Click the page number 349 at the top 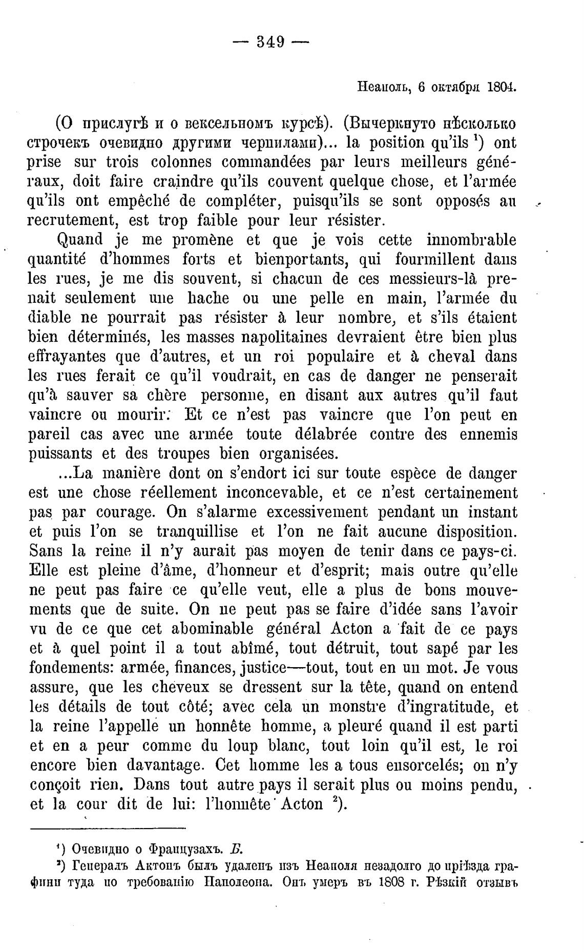[x=270, y=42]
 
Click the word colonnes [x=181, y=162]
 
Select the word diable [x=49, y=318]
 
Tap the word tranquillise [x=197, y=532]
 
